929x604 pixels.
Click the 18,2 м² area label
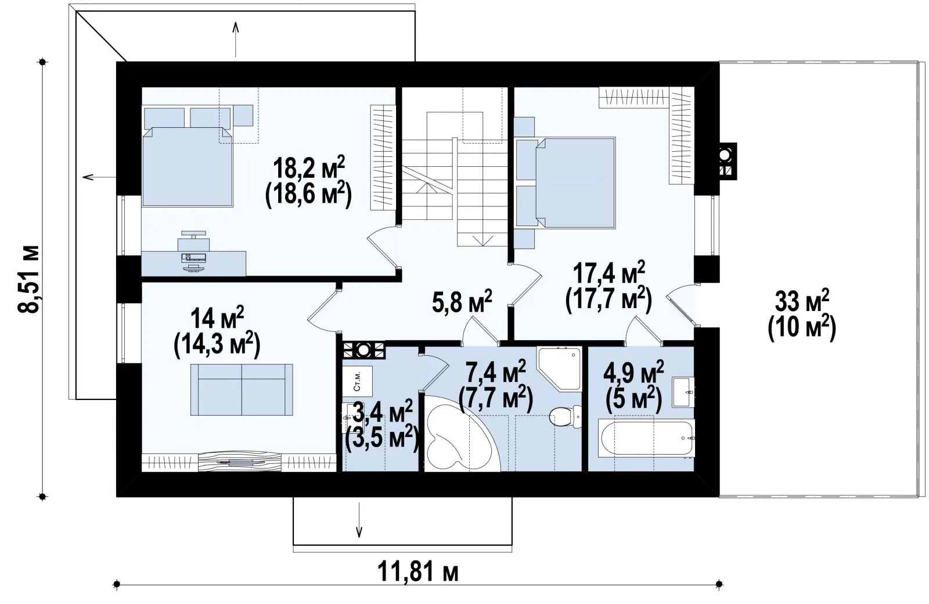coord(308,169)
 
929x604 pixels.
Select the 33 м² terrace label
coord(802,301)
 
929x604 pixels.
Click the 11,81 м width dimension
coord(418,571)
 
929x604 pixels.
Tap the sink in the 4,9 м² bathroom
coord(683,392)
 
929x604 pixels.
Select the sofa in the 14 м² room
coord(242,389)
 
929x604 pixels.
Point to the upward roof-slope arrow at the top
coord(236,40)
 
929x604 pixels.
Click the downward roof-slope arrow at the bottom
coord(359,520)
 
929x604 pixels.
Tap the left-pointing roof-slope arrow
coord(99,177)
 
